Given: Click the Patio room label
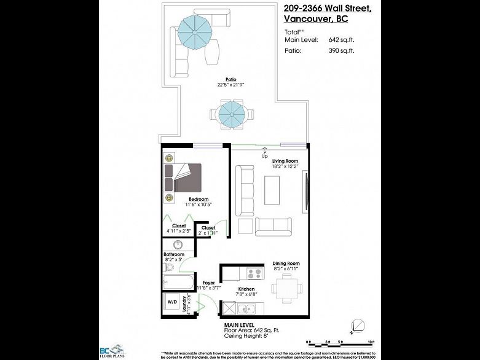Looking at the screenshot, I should pyautogui.click(x=230, y=79).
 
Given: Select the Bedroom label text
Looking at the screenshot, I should pyautogui.click(x=198, y=200).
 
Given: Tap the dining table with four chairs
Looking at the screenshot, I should pyautogui.click(x=285, y=287).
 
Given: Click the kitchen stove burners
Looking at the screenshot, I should pyautogui.click(x=253, y=272).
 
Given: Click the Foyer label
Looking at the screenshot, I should pyautogui.click(x=208, y=283).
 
